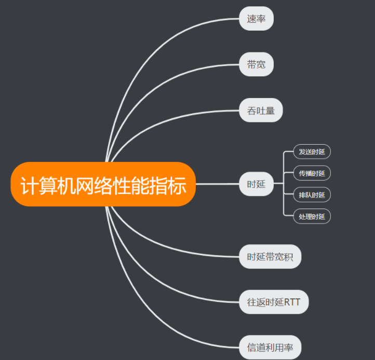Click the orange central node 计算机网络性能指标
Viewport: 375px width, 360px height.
[x=103, y=185]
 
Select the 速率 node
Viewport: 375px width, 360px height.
[x=256, y=19]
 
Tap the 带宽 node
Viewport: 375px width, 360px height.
[x=256, y=64]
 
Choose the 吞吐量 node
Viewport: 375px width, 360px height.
[x=261, y=110]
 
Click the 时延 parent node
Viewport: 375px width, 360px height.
[x=256, y=184]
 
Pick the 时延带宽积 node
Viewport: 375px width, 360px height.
[x=270, y=256]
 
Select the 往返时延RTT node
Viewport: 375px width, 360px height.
[x=274, y=302]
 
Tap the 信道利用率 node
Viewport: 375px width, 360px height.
[x=270, y=347]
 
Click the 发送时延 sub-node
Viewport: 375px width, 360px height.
[x=312, y=152]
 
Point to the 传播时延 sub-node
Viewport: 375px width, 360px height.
[x=312, y=173]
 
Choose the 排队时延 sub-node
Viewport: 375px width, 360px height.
[x=312, y=195]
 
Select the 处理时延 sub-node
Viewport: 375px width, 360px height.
[x=312, y=216]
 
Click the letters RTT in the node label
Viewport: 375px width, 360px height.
[x=292, y=302]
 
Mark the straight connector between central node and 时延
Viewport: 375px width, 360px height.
[x=218, y=184]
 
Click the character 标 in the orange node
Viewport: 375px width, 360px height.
[x=177, y=185]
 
